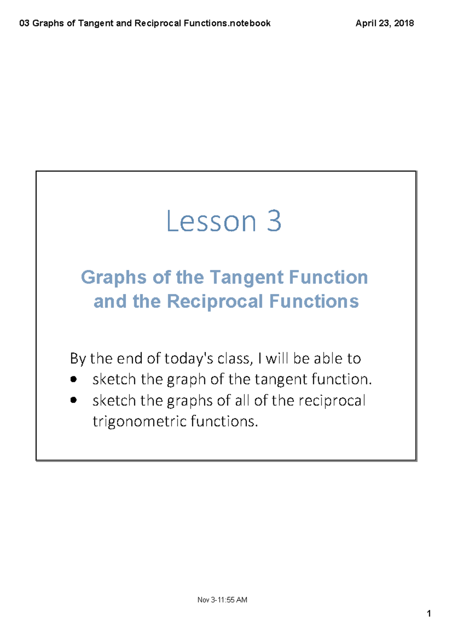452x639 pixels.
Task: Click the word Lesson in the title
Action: (211, 221)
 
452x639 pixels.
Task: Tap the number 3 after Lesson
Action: (274, 221)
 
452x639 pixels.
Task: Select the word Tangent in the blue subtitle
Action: (246, 278)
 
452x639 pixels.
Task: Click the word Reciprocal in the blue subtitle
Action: (215, 301)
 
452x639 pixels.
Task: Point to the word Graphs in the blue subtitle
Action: (113, 278)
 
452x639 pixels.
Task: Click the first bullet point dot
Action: (73, 379)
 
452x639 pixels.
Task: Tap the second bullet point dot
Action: (73, 400)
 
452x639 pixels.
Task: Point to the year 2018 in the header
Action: (404, 23)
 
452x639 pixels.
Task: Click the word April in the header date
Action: (366, 23)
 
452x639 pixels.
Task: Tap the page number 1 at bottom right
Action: (429, 614)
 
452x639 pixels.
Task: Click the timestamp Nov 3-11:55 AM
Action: (222, 600)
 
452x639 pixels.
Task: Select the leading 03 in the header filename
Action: (24, 23)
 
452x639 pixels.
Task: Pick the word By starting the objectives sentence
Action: (78, 359)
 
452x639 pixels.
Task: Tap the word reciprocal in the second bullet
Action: (332, 400)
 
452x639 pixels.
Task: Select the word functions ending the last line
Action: (224, 421)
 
